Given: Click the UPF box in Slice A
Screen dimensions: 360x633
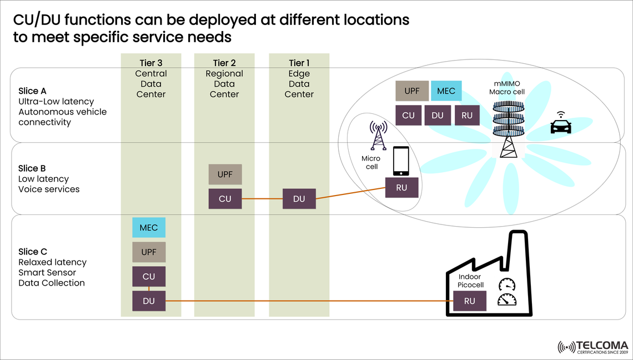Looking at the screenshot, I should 411,91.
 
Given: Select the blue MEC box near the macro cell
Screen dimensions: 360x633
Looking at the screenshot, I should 446,91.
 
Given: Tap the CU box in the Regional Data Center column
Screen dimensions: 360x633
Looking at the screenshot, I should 225,199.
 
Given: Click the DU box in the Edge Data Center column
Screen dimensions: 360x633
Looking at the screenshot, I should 299,199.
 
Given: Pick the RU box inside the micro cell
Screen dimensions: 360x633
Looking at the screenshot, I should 401,188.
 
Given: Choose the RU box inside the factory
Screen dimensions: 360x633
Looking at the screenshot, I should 470,302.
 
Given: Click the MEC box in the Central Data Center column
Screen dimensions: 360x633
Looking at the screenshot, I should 148,228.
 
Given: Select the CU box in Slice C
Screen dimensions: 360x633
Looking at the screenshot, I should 148,277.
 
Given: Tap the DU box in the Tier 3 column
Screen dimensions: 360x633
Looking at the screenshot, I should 148,301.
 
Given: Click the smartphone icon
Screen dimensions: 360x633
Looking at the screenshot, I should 401,161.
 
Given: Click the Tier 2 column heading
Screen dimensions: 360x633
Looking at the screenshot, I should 224,63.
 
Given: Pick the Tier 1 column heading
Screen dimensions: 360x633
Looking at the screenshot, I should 299,63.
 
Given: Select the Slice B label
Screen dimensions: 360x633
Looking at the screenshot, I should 32,168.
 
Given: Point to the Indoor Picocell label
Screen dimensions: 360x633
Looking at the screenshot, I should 471,281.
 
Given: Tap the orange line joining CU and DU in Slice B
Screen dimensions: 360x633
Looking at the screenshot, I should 262,199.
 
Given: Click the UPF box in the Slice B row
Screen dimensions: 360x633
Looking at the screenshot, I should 225,174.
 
